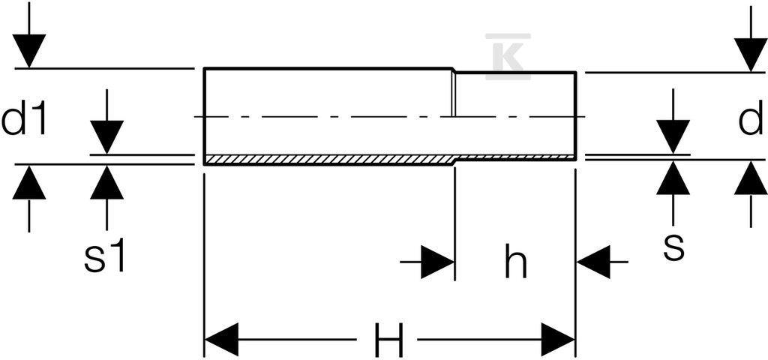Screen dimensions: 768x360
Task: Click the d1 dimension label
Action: (x=24, y=118)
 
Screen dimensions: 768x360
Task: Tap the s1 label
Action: (x=105, y=256)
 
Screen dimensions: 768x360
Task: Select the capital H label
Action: (x=389, y=340)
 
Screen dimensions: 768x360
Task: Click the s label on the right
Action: (x=674, y=247)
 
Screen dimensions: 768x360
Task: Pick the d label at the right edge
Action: (x=750, y=118)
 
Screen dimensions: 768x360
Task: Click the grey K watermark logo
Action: (x=508, y=56)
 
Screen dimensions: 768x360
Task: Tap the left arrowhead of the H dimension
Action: (x=221, y=340)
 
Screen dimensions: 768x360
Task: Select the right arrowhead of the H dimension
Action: (x=557, y=340)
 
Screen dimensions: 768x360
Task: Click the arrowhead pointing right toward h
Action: (x=438, y=262)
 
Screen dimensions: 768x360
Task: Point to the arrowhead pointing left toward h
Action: (x=594, y=262)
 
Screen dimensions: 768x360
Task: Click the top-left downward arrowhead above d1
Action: (x=29, y=50)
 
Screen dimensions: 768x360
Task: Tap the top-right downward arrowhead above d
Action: (x=751, y=54)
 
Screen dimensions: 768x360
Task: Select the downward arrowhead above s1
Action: (x=106, y=137)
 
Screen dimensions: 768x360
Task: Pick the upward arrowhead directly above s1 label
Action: (x=106, y=183)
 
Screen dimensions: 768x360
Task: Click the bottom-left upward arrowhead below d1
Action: (x=29, y=182)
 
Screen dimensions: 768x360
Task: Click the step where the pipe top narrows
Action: (x=454, y=70)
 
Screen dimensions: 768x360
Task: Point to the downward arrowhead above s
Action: (x=673, y=136)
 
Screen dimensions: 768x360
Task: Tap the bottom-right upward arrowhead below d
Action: (x=751, y=178)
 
